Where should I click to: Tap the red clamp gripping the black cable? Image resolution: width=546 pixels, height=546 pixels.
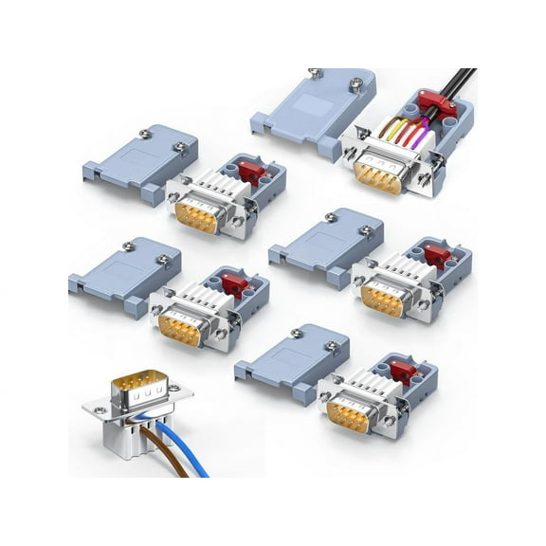(x=438, y=107)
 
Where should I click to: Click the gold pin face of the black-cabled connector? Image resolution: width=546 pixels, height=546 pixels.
(x=377, y=175)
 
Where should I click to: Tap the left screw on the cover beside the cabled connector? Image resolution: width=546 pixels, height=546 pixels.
(x=316, y=73)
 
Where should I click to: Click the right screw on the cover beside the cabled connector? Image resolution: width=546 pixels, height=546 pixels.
(x=355, y=83)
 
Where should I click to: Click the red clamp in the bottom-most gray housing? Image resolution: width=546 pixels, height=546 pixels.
(x=406, y=369)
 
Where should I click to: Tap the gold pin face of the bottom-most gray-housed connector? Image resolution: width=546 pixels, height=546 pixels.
(x=348, y=415)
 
